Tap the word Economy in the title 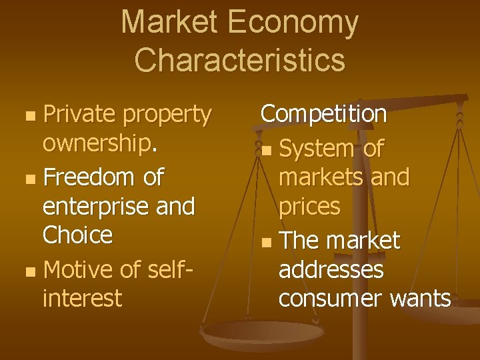point(293,24)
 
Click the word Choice point(77,235)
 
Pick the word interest point(82,297)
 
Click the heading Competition point(323,114)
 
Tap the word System point(317,149)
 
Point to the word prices point(309,207)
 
